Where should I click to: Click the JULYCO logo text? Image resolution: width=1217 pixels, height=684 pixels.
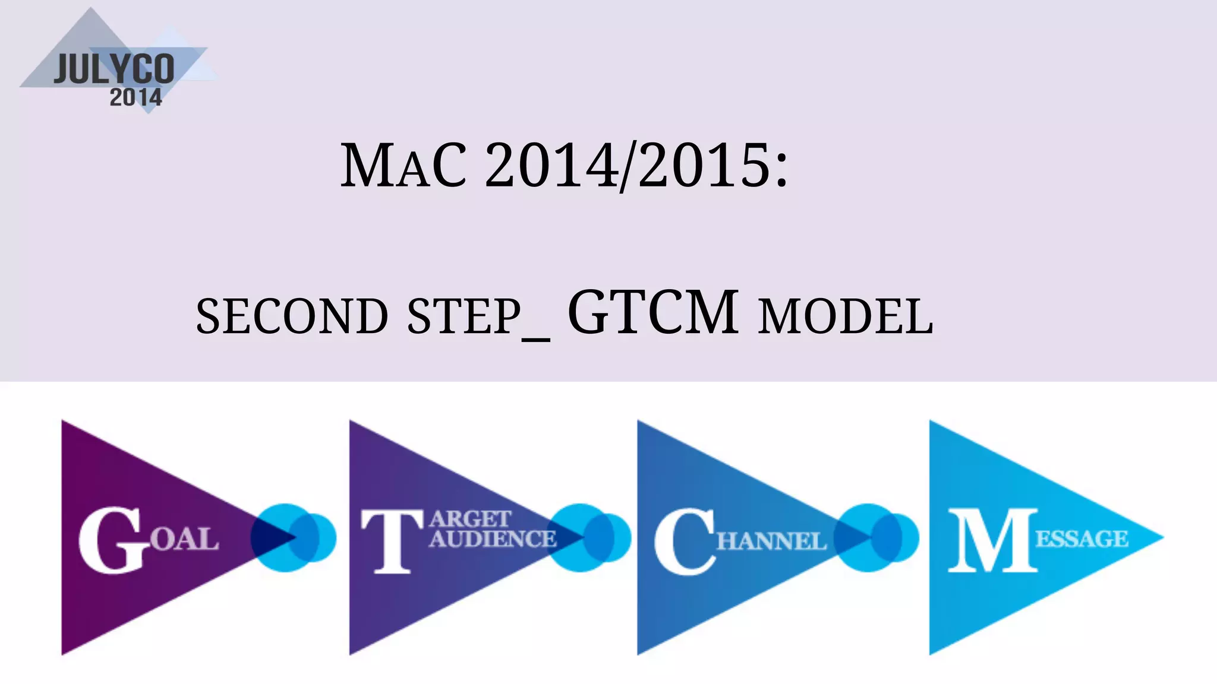[114, 69]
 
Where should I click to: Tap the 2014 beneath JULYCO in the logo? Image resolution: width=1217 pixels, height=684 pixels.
[135, 97]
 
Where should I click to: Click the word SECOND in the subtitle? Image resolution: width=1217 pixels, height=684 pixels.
[292, 316]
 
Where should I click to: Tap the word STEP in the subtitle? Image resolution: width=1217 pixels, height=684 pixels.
[464, 316]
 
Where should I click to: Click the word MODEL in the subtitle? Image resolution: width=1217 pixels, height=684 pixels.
[846, 316]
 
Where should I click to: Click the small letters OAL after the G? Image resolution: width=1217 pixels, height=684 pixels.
[184, 540]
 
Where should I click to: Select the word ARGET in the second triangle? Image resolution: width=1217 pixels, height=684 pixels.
[469, 519]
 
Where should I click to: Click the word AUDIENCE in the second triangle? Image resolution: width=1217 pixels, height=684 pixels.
[493, 539]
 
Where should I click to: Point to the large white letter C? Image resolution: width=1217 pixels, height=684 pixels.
[683, 541]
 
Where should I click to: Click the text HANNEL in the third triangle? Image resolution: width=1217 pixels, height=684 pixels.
[771, 541]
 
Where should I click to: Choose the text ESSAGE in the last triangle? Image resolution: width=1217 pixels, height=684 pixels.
[1082, 539]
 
